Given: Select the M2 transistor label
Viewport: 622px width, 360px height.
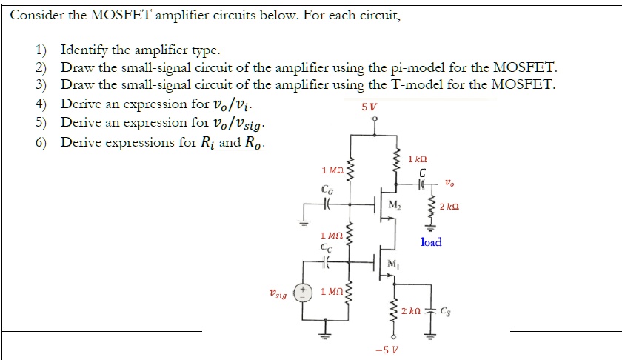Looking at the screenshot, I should point(395,204).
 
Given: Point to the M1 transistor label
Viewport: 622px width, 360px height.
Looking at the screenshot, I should point(394,265).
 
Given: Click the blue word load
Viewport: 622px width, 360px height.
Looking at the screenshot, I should point(430,241).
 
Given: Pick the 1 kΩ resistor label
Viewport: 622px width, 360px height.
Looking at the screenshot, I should point(418,160).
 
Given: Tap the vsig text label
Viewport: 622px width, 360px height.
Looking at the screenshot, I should point(279,294).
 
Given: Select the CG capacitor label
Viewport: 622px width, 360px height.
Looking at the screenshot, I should point(326,190).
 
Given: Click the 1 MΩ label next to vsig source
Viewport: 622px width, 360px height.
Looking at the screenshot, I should point(331,290).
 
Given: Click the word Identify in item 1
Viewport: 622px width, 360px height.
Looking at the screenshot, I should point(83,50).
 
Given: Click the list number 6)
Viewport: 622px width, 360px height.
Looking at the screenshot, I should point(41,141).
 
